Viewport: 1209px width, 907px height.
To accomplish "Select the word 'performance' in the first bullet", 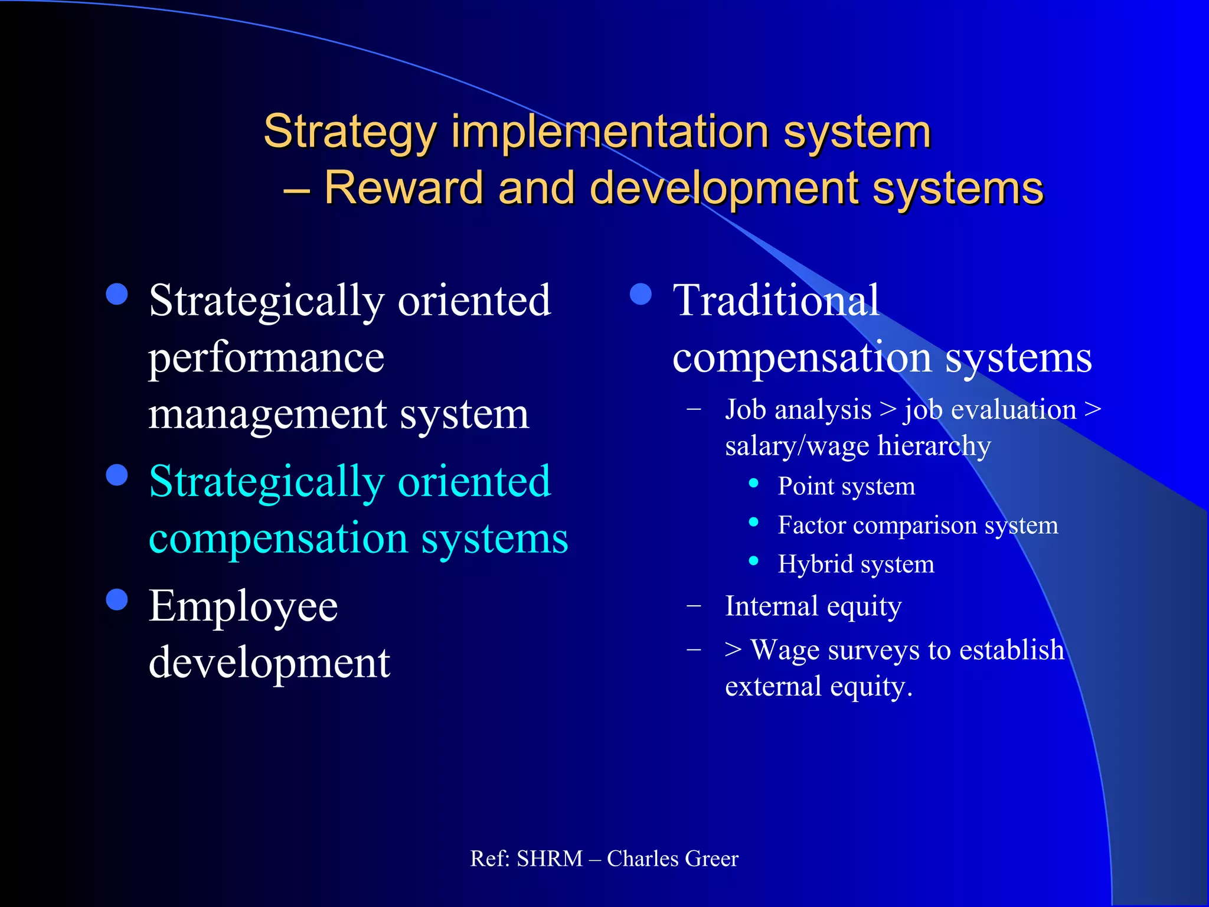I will click(x=266, y=358).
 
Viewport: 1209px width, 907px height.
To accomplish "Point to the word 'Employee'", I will click(x=243, y=606).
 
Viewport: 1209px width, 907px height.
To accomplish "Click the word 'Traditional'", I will click(x=776, y=301).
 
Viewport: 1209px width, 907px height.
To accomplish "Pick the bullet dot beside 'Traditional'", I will click(x=641, y=294).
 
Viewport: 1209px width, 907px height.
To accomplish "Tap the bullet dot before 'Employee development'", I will click(x=117, y=599).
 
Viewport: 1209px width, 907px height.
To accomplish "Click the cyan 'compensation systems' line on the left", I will click(x=358, y=539).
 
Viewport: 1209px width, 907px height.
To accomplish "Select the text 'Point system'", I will click(x=846, y=487).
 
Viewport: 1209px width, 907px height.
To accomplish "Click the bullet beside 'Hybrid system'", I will click(x=753, y=561).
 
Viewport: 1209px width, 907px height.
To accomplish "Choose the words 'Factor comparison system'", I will click(x=917, y=526).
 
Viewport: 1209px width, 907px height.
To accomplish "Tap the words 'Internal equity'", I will click(x=813, y=606).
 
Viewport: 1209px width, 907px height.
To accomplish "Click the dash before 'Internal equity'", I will click(x=694, y=605).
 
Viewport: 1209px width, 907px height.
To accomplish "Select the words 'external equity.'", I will click(x=818, y=687).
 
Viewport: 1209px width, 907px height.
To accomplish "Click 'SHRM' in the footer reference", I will click(x=550, y=859).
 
